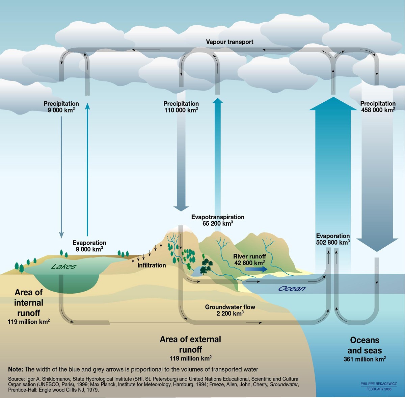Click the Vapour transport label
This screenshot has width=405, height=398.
tap(230, 42)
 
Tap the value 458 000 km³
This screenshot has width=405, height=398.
tap(378, 110)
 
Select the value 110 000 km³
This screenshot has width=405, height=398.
tap(181, 110)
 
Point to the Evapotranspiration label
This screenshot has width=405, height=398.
tap(218, 217)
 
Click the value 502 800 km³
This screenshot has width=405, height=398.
tap(333, 243)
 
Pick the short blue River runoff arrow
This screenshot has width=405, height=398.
tap(256, 269)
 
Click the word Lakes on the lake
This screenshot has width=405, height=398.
tap(63, 267)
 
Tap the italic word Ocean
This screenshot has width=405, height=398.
tap(292, 289)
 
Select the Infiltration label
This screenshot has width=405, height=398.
tap(152, 265)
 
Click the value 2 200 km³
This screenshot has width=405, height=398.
tap(230, 314)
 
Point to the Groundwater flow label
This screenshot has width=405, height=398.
tap(230, 307)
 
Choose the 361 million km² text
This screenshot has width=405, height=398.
tap(364, 359)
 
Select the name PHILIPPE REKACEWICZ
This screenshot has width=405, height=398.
tap(378, 384)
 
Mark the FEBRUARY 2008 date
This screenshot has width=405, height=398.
tap(379, 389)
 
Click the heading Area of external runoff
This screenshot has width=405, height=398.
tap(190, 344)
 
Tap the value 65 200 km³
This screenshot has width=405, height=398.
tap(218, 224)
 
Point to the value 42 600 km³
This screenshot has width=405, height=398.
tap(249, 263)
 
